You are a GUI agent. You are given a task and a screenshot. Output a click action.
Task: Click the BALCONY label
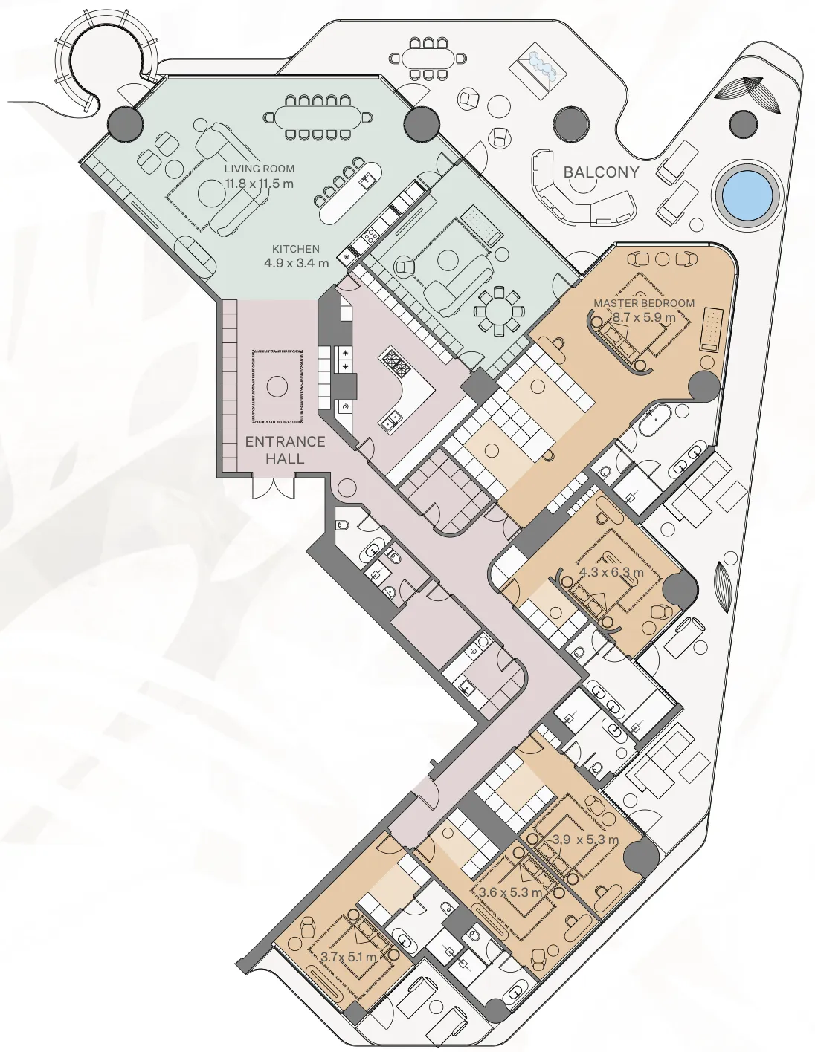[601, 172]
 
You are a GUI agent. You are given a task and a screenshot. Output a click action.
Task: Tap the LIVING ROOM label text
[260, 169]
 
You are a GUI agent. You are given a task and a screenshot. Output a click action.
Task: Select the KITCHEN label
[296, 249]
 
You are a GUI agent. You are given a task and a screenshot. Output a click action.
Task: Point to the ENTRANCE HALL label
[286, 450]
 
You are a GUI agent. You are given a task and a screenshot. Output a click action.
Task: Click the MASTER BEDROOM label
[644, 303]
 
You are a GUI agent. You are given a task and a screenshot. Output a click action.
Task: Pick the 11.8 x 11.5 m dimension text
[260, 184]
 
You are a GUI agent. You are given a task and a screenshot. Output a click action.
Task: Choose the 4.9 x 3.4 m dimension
[296, 263]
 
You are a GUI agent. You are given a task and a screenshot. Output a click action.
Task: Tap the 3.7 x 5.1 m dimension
[348, 957]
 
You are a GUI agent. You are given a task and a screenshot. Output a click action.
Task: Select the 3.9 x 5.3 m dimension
[585, 840]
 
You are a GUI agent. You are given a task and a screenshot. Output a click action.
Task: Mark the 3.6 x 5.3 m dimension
[512, 892]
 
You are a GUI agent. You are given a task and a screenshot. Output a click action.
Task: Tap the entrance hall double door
[274, 486]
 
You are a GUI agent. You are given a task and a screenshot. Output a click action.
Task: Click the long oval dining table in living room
[318, 117]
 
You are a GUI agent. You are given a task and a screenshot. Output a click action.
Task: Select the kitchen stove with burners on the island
[395, 364]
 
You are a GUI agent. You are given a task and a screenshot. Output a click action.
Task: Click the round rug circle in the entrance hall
[277, 386]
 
